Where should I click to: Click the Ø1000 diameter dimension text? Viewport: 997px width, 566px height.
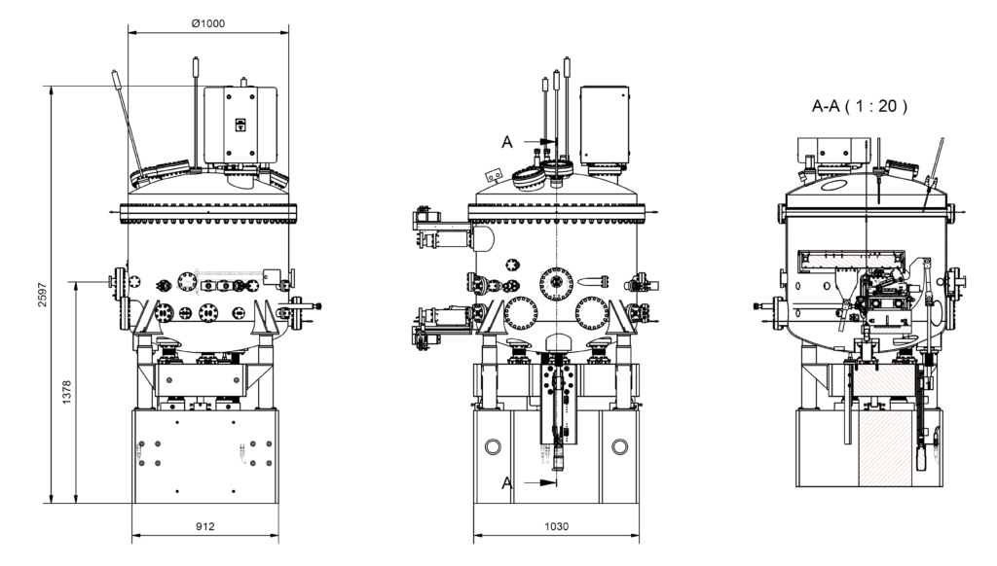207,23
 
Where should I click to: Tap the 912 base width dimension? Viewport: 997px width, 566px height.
204,526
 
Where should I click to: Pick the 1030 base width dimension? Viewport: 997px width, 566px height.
556,526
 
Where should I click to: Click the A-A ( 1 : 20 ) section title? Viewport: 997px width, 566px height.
860,107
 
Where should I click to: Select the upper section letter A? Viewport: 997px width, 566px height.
507,142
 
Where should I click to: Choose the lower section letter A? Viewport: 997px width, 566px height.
507,482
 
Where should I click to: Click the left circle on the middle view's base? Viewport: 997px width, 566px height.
492,447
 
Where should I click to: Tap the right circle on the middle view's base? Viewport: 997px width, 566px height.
619,447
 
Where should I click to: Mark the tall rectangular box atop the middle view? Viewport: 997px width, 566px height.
604,124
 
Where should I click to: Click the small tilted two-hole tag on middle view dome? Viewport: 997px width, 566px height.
494,175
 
